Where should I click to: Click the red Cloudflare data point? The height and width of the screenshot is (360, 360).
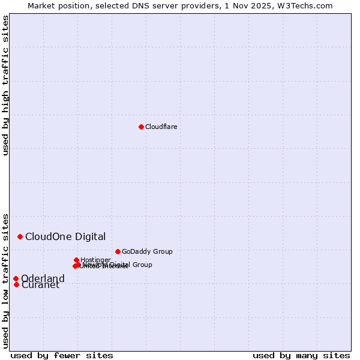[x=141, y=127]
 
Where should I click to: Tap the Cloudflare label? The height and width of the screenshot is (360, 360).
[x=161, y=127]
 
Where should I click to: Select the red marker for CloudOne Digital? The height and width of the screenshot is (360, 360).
[x=20, y=236]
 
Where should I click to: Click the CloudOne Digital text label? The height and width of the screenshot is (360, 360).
[x=65, y=236]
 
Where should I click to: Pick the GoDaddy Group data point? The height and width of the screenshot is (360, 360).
[x=118, y=251]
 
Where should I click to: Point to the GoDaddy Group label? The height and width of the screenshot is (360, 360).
[x=147, y=251]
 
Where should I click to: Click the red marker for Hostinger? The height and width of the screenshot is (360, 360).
[x=76, y=260]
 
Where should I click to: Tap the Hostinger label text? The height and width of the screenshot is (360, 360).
[x=95, y=260]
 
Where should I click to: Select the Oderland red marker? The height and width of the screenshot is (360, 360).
[x=16, y=278]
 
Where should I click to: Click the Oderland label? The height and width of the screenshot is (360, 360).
[x=43, y=278]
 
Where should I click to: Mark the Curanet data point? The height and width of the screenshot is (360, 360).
[x=16, y=284]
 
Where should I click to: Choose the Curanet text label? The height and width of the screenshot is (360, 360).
[x=41, y=285]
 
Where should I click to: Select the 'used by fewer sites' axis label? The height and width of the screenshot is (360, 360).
[x=62, y=355]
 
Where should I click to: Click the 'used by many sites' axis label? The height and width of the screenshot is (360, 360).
[x=301, y=355]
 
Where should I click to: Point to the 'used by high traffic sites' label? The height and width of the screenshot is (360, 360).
[x=5, y=86]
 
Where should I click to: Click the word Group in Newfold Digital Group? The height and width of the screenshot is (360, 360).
[x=142, y=265]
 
